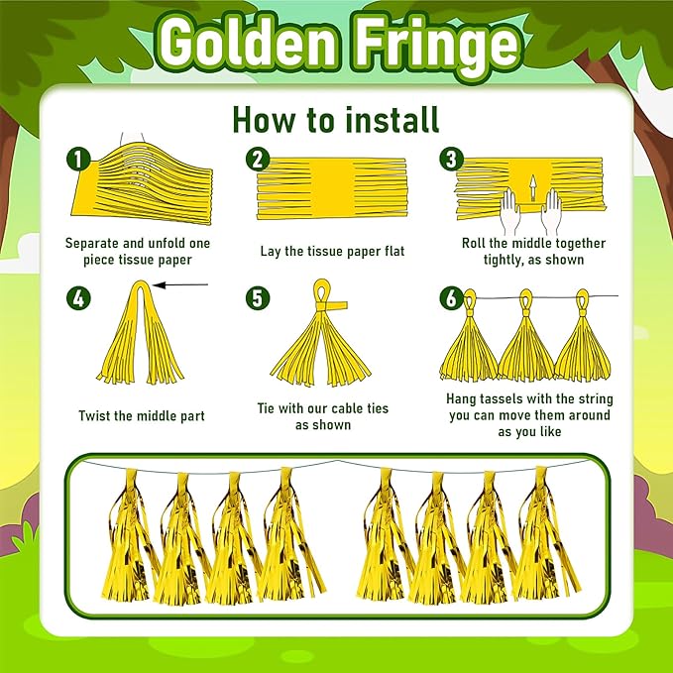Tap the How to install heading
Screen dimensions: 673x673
point(336,119)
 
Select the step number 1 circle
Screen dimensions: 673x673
point(78,161)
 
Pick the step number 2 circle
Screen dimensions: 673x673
point(258,160)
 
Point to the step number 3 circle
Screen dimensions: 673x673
point(451,159)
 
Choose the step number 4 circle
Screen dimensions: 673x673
point(78,297)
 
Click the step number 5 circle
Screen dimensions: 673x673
point(258,298)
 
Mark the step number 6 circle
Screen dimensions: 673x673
point(451,297)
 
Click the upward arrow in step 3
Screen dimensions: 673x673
point(532,188)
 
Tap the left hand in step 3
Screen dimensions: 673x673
point(511,211)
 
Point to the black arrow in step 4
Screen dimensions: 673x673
point(180,284)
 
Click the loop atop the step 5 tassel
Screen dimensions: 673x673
point(322,291)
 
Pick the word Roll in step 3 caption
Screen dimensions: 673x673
point(473,243)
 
